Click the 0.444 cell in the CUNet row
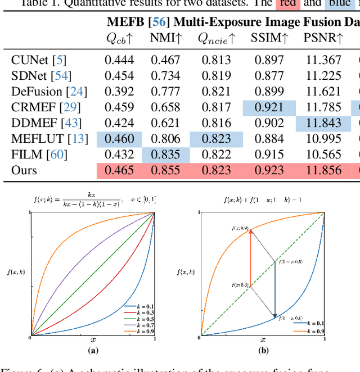119,60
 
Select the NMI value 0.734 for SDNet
165,76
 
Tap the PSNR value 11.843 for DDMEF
322,123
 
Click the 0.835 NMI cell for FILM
165,155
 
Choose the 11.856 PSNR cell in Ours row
322,170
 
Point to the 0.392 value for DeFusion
119,92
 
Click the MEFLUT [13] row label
49,139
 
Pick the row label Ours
24,170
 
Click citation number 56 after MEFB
155,22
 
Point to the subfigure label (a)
93,351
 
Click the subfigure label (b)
263,351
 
